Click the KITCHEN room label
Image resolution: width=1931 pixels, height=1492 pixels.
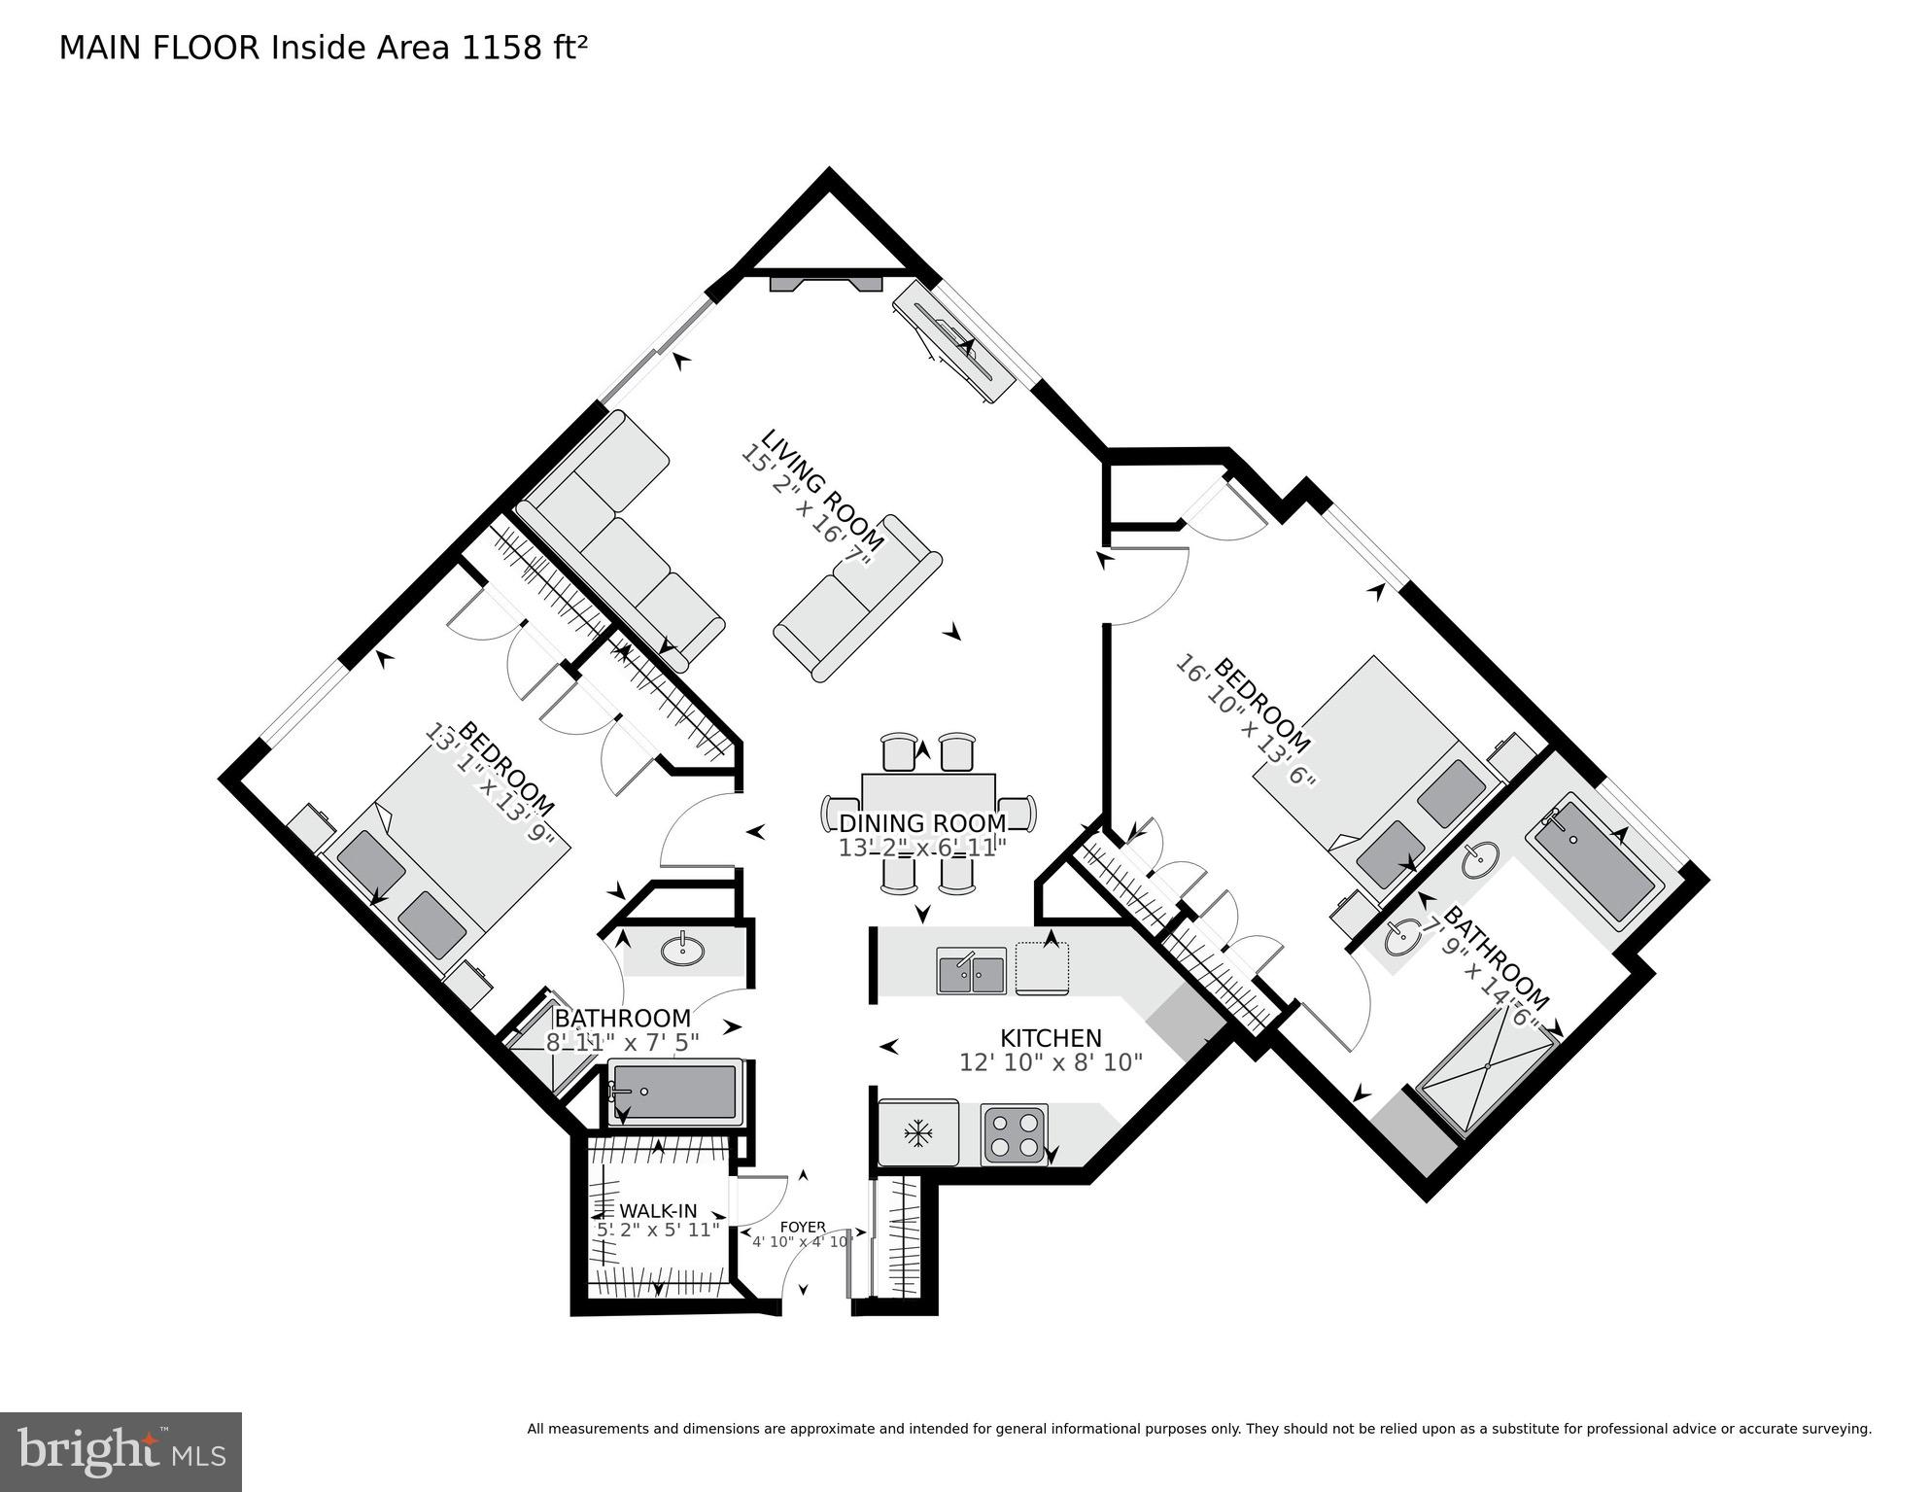click(x=1051, y=1037)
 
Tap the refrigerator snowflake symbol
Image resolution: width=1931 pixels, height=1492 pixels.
click(x=916, y=1132)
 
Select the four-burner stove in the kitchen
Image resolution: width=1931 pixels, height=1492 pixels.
click(x=1014, y=1133)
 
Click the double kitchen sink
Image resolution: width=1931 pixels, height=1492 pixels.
click(x=971, y=971)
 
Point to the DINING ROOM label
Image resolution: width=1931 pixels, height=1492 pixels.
click(x=922, y=824)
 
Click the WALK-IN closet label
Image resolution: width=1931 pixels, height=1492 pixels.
click(x=658, y=1210)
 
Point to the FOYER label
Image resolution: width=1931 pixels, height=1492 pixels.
click(x=803, y=1227)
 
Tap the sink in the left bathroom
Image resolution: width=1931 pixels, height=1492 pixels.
click(x=682, y=950)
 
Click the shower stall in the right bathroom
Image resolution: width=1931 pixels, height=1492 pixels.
click(x=1487, y=1067)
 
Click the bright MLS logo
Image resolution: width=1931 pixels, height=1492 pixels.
click(x=121, y=1452)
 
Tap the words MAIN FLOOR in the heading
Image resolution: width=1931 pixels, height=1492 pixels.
click(x=159, y=47)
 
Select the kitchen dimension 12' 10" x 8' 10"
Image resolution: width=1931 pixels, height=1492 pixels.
click(x=1051, y=1062)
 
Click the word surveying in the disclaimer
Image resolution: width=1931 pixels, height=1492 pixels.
click(x=1836, y=1429)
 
